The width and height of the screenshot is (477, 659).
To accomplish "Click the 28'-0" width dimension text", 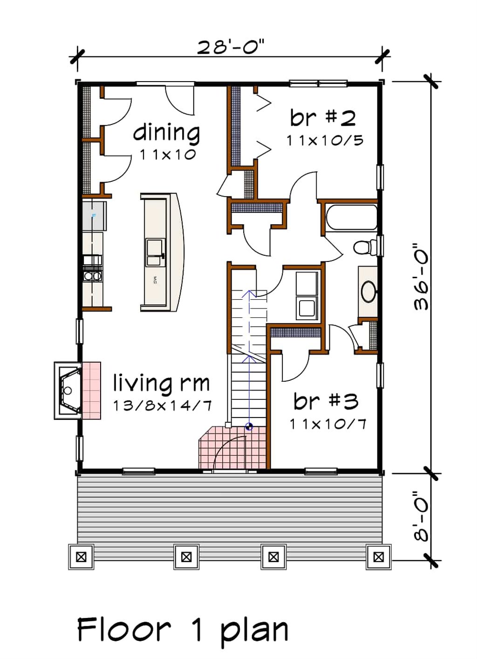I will pyautogui.click(x=231, y=47).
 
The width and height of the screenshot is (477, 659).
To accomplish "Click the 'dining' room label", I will pyautogui.click(x=166, y=133).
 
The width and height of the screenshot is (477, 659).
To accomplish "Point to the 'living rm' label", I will pyautogui.click(x=161, y=383).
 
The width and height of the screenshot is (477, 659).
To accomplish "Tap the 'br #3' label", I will pyautogui.click(x=326, y=401).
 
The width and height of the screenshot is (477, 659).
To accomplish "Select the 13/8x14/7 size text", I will pyautogui.click(x=162, y=405).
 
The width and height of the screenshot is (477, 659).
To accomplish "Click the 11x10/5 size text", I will pyautogui.click(x=325, y=140).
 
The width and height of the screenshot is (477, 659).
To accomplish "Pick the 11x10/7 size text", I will pyautogui.click(x=327, y=424).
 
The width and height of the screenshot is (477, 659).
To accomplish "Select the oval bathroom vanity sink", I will pyautogui.click(x=368, y=291).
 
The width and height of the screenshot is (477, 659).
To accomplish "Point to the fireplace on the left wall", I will pyautogui.click(x=69, y=391).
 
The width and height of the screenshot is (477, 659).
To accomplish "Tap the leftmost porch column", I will pyautogui.click(x=81, y=556).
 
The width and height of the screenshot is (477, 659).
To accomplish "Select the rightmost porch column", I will pyautogui.click(x=378, y=556).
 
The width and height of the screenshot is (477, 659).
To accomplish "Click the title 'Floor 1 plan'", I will pyautogui.click(x=182, y=630).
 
